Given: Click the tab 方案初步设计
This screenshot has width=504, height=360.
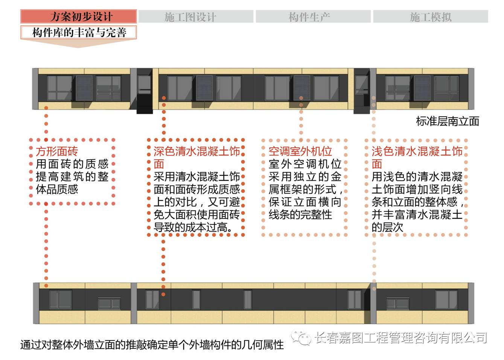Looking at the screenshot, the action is [x=78, y=17].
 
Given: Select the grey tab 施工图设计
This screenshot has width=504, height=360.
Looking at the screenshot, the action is [x=196, y=17].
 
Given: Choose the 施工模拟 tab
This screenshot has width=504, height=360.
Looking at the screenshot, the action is [x=430, y=17].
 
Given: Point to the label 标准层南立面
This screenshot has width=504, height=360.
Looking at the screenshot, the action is [x=447, y=121].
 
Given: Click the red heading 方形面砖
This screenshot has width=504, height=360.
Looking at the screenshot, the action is [x=57, y=151].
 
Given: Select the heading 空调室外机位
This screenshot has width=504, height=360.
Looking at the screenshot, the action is [x=300, y=151].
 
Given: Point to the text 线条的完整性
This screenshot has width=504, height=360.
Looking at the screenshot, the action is [x=300, y=215].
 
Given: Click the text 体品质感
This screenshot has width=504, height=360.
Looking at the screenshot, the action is [x=57, y=189].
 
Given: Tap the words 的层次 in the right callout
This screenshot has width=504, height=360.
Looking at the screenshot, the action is [x=387, y=227].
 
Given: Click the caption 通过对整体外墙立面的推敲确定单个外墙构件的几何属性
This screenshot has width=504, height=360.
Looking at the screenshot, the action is [x=152, y=345].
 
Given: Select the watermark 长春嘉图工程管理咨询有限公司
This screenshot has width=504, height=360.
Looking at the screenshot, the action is [x=400, y=338].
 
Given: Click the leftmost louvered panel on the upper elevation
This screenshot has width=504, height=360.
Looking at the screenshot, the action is [x=84, y=88].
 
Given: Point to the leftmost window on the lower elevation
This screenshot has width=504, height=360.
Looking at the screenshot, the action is [x=60, y=299].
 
